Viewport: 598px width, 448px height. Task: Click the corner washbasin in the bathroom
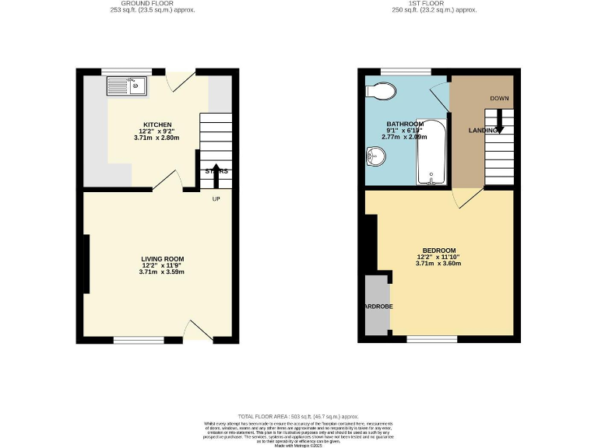[375, 159]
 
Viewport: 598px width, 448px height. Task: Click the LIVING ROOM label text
[162, 258]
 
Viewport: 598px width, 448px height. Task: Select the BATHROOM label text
[405, 124]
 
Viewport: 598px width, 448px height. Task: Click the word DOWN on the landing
[499, 99]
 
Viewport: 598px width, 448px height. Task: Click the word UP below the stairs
[216, 198]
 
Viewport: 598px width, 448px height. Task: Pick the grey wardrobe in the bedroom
[376, 306]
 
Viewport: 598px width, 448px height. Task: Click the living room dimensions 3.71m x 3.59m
[162, 271]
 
